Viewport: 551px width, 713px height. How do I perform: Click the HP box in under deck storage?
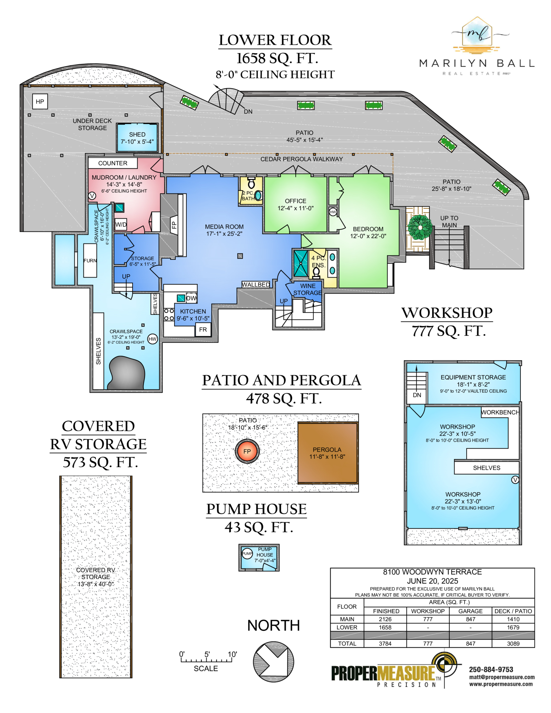tap(40, 102)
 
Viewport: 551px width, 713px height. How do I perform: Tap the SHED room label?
tap(137, 135)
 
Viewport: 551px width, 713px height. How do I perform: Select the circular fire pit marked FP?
tap(247, 451)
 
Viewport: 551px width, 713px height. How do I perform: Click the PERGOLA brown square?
tap(328, 453)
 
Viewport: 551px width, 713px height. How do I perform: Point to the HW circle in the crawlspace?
tap(153, 339)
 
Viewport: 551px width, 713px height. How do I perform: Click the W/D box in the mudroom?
tap(121, 225)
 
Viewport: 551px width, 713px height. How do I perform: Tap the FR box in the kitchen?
tap(203, 330)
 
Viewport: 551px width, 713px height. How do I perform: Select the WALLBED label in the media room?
tap(256, 284)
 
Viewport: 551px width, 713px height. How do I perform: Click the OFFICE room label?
tap(295, 201)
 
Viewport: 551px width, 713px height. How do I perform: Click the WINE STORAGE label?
tap(308, 289)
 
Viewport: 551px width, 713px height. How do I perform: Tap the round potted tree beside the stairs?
tap(420, 227)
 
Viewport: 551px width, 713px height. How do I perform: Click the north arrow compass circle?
tap(273, 661)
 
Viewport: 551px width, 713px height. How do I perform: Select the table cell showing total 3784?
tap(385, 643)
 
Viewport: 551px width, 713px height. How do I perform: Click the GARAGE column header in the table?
tap(470, 611)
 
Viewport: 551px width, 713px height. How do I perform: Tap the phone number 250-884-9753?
tap(491, 669)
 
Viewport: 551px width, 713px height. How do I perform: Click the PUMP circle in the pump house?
tap(247, 554)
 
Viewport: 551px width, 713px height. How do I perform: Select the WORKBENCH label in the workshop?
tap(500, 412)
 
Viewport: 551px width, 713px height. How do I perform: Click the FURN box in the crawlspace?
tap(90, 261)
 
